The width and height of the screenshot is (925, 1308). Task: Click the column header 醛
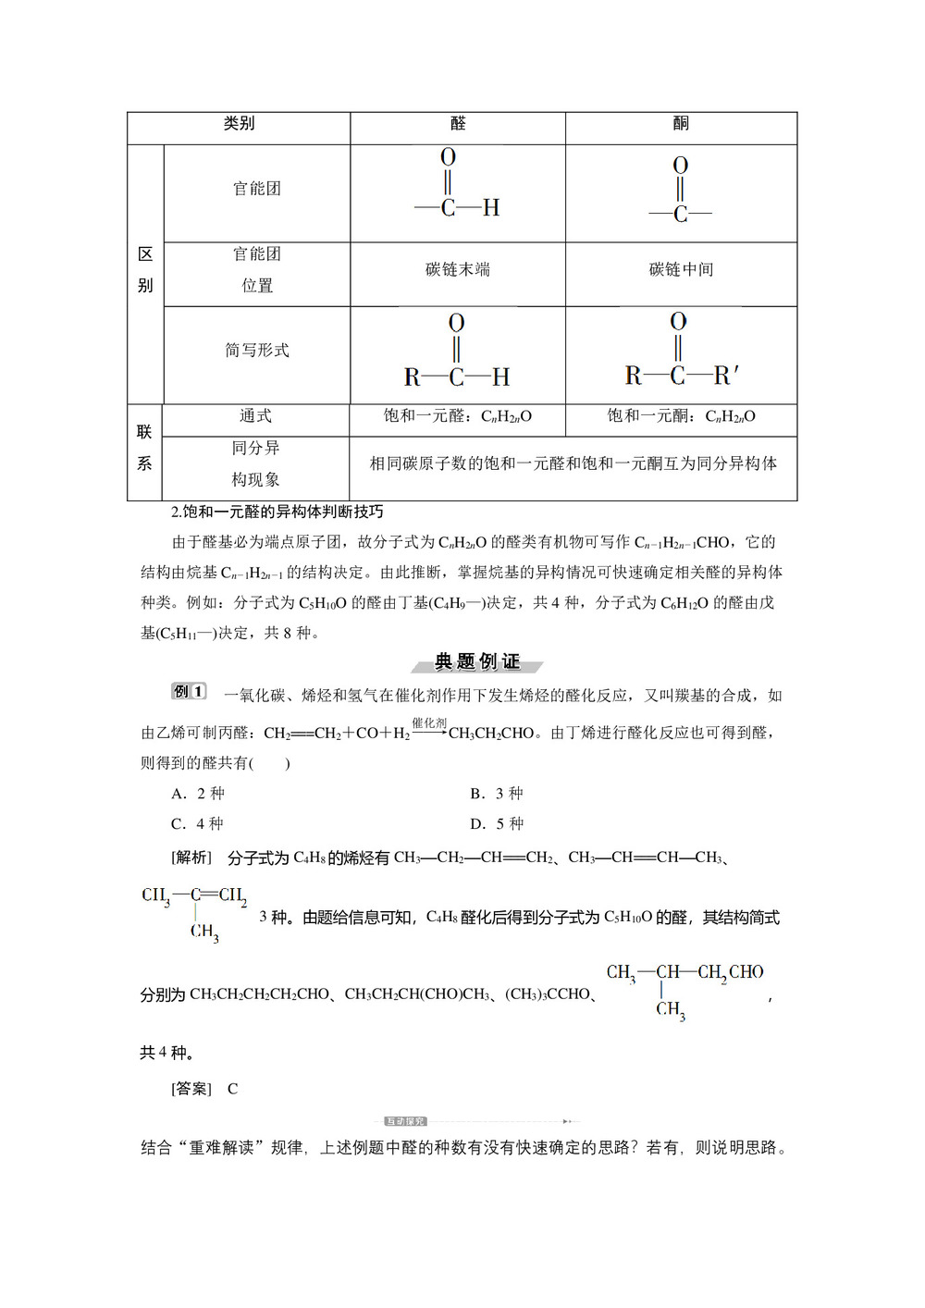click(x=458, y=124)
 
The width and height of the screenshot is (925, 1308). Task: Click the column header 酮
click(x=681, y=124)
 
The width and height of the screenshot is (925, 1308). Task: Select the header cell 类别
click(x=239, y=124)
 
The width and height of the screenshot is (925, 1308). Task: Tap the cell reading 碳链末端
click(x=458, y=270)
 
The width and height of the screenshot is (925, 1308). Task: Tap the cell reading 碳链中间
click(x=681, y=270)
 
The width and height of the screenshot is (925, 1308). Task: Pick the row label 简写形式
click(x=257, y=351)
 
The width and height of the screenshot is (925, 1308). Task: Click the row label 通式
click(x=255, y=416)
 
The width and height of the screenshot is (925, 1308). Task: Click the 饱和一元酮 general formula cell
click(x=681, y=416)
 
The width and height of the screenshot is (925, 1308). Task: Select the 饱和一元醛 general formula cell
click(x=458, y=416)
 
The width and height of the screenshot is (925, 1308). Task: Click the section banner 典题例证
click(x=477, y=661)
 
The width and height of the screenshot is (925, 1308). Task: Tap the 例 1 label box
click(x=189, y=692)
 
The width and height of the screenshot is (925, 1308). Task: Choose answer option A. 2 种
click(x=198, y=794)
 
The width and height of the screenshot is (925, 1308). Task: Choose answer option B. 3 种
click(x=497, y=794)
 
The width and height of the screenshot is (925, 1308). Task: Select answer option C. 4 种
click(x=198, y=824)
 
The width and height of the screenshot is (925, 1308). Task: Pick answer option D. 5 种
click(x=497, y=824)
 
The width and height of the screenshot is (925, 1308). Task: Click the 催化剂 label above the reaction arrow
click(x=429, y=722)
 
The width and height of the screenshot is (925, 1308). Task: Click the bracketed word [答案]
click(x=191, y=1089)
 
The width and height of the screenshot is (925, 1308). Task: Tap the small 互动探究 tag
click(x=405, y=1121)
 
